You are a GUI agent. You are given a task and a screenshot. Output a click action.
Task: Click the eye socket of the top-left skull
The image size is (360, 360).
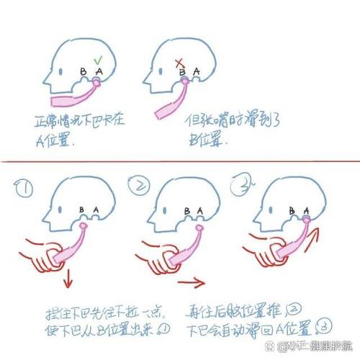click(63, 70)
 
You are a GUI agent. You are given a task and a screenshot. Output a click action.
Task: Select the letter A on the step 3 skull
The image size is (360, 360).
click(308, 210)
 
